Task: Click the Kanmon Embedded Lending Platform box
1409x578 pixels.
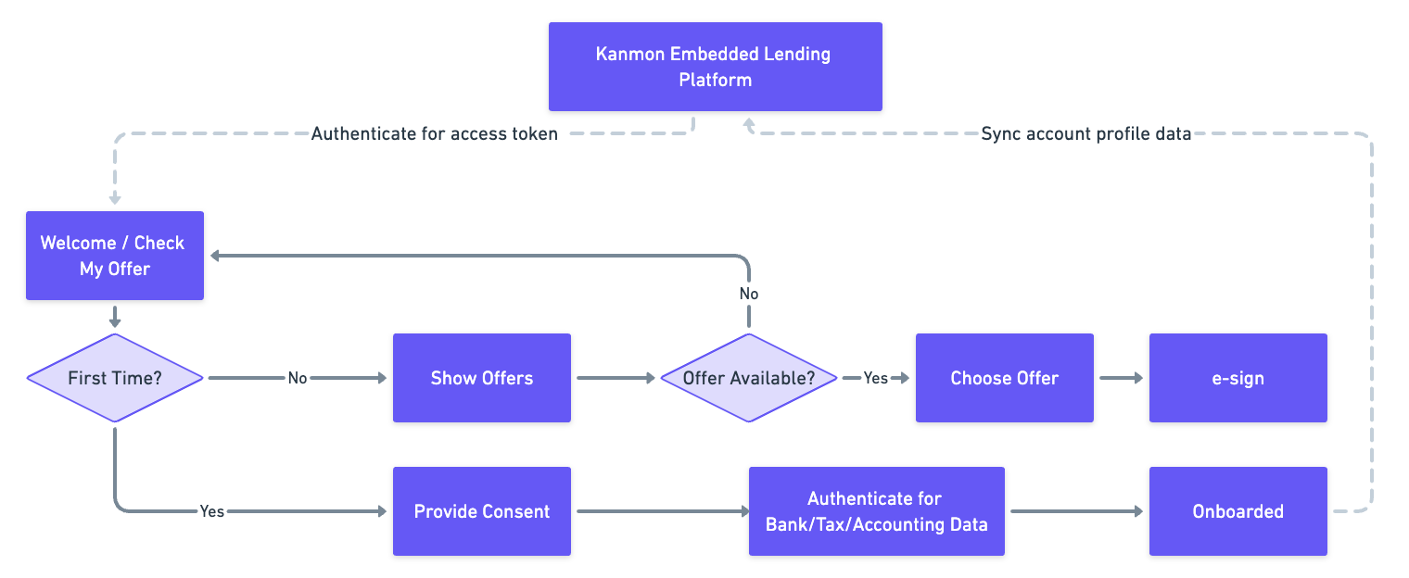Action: coord(715,67)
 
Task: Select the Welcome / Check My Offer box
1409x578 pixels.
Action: coord(114,256)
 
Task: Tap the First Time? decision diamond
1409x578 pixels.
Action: coord(114,378)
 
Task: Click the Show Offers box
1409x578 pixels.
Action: coord(481,378)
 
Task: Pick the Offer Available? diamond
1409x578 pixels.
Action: coord(748,378)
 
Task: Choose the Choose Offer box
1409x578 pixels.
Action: coord(1004,378)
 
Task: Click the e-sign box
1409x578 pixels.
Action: coord(1238,378)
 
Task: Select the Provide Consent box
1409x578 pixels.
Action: coord(481,511)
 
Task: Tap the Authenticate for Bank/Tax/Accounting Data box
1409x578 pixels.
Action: coord(876,511)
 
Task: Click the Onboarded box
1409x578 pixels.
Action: coord(1238,511)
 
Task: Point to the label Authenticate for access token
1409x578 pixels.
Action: coord(434,134)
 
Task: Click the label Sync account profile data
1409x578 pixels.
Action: coord(1085,134)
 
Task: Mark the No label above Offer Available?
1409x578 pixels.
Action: coord(748,294)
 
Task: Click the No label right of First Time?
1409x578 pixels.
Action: coord(297,378)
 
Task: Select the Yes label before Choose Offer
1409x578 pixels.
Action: coord(876,378)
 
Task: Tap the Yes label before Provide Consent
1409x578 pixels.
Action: coord(212,511)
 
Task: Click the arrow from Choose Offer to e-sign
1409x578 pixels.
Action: coord(1122,378)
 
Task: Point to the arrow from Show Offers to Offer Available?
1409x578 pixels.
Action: coord(615,378)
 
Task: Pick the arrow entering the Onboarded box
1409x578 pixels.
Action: coord(1076,511)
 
